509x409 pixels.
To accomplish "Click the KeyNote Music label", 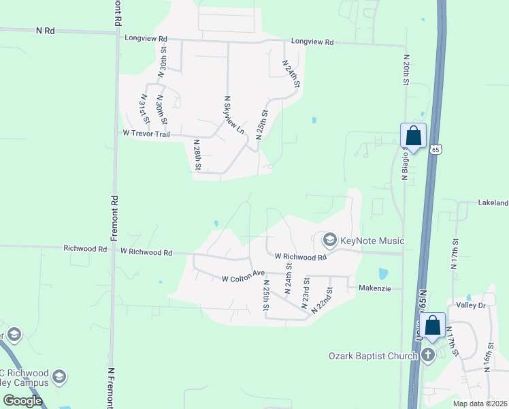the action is coord(372,241).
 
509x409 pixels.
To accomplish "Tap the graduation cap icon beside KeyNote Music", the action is coord(330,239).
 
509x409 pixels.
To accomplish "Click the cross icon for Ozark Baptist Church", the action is coord(428,354).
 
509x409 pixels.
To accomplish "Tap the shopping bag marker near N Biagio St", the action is coord(413,136).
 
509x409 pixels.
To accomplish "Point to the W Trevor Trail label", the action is coord(146,134).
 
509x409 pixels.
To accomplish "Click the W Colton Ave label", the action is coord(243,278).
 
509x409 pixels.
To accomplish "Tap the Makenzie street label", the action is coord(375,288).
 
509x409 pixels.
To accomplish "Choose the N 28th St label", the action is coord(197,155).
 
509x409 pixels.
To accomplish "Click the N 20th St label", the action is coord(406,70).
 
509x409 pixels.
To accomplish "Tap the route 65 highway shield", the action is coord(436,149).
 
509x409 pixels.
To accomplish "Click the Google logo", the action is coord(23,400).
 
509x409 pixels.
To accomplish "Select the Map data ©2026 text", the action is coord(480,404).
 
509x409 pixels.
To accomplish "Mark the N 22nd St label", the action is coord(322,301).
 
